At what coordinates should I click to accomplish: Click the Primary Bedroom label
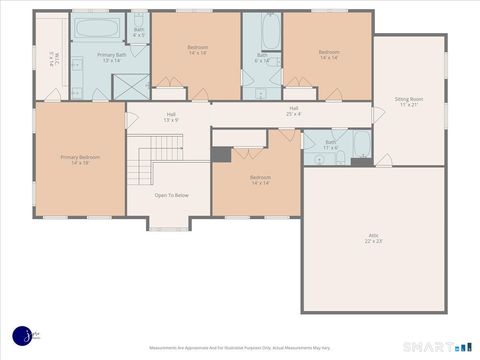tap(80, 159)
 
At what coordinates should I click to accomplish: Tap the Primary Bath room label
tap(111, 57)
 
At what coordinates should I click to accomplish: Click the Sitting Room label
tap(408, 102)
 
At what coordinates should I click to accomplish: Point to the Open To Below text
tap(171, 195)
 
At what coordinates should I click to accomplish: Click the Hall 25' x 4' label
tap(294, 111)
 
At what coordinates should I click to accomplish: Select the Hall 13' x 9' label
tap(171, 117)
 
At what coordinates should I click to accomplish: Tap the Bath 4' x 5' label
tap(139, 33)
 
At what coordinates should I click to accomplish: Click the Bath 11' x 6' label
tap(330, 144)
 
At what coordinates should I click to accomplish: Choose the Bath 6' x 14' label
tap(262, 58)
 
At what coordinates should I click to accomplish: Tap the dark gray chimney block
tap(220, 154)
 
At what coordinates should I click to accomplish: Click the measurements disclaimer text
tap(240, 348)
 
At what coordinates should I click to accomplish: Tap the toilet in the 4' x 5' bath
tap(139, 17)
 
